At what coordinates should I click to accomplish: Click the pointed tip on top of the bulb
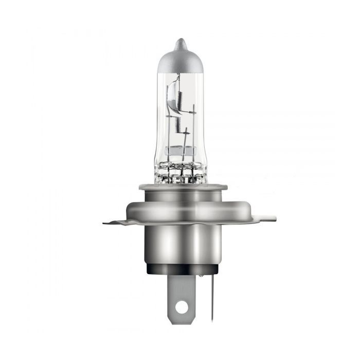pos(178,43)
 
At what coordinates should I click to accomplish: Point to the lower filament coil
pos(175,122)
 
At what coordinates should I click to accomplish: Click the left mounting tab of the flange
pos(114,222)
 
